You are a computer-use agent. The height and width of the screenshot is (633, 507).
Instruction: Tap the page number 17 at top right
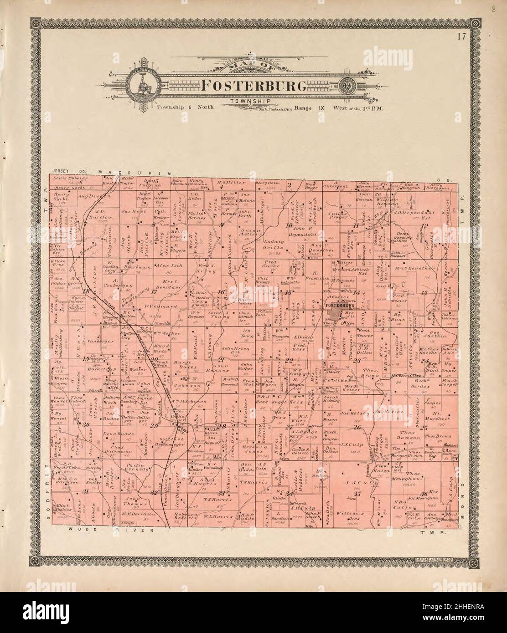pyautogui.click(x=462, y=37)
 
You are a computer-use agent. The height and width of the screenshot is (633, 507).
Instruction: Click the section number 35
pyautogui.click(x=357, y=494)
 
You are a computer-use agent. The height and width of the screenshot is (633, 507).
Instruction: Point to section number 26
pyautogui.click(x=357, y=427)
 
